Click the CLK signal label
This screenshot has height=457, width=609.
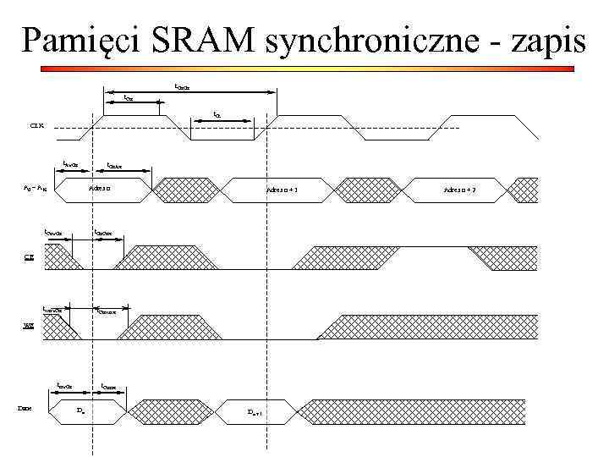point(37,129)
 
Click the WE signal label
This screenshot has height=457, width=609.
point(27,326)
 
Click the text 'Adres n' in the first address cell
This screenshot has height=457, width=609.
point(101,190)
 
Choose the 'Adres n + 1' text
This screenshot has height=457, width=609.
point(282,190)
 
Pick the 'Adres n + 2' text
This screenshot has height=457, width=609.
point(461,190)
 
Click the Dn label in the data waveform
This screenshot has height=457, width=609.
point(80,410)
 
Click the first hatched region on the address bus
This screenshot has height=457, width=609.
point(184,190)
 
